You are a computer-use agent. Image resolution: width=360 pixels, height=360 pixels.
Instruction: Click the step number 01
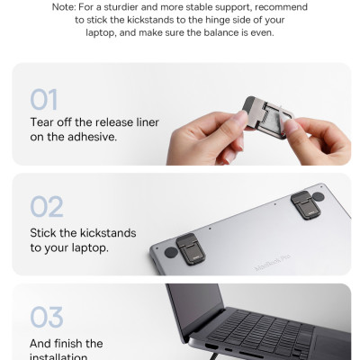pos(46,98)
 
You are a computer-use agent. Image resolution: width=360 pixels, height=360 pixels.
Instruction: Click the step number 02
pos(46,207)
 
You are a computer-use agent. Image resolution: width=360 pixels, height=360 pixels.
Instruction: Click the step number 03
pos(46,317)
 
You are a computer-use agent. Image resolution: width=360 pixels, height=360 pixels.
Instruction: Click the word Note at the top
pos(64,6)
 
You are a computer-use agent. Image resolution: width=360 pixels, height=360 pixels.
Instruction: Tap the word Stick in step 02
pos(46,232)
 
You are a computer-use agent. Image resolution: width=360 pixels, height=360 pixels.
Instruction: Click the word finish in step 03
pos(69,343)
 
